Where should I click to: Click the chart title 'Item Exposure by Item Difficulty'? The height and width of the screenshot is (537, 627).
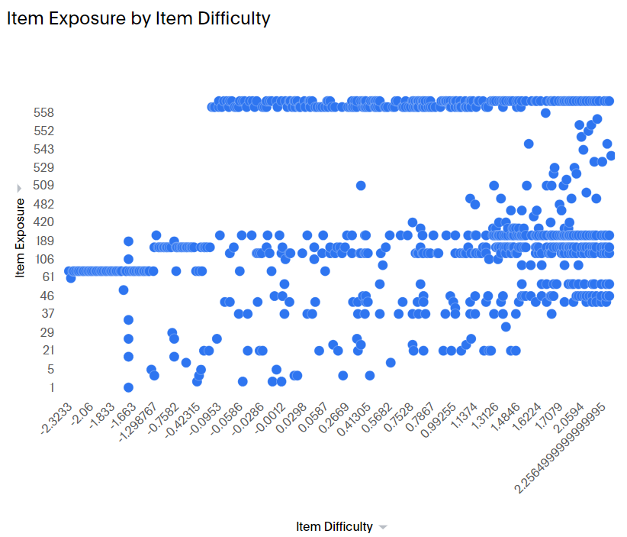click(138, 19)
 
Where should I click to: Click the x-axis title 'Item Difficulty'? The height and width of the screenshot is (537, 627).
click(335, 526)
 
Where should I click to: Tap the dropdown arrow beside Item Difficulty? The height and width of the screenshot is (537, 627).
click(383, 527)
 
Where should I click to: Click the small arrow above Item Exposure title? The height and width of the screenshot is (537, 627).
click(19, 187)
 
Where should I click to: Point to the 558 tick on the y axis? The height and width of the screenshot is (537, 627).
click(43, 112)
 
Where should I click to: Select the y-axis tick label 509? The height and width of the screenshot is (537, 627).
click(43, 186)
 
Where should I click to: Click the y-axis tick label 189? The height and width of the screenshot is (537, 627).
click(43, 241)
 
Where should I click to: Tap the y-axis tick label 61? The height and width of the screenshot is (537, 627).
click(47, 277)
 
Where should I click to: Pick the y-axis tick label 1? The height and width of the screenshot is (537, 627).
click(52, 387)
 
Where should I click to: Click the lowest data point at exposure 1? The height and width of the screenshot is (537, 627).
click(128, 387)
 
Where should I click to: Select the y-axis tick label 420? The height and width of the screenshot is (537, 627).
click(43, 222)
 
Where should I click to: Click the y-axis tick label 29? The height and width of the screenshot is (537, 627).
click(47, 332)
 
